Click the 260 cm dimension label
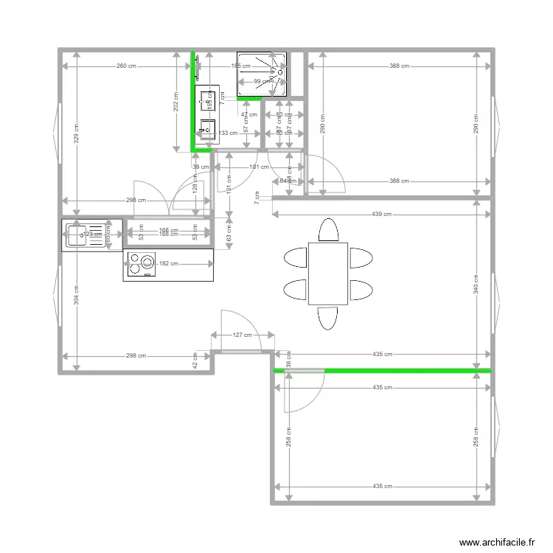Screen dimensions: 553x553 pos(126,66)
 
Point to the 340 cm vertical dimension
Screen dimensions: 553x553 pos(476,283)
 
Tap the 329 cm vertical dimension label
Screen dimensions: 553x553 pos(76,133)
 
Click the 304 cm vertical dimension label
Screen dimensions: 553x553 pos(76,294)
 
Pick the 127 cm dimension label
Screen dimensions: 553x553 pos(242,335)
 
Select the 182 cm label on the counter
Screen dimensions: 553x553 pos(170,264)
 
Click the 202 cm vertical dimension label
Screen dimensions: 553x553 pos(175,105)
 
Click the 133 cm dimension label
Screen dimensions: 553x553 pos(228,133)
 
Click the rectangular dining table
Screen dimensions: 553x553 pos(328,273)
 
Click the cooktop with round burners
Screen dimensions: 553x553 pos(141,265)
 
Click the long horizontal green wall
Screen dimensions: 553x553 pos(406,370)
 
